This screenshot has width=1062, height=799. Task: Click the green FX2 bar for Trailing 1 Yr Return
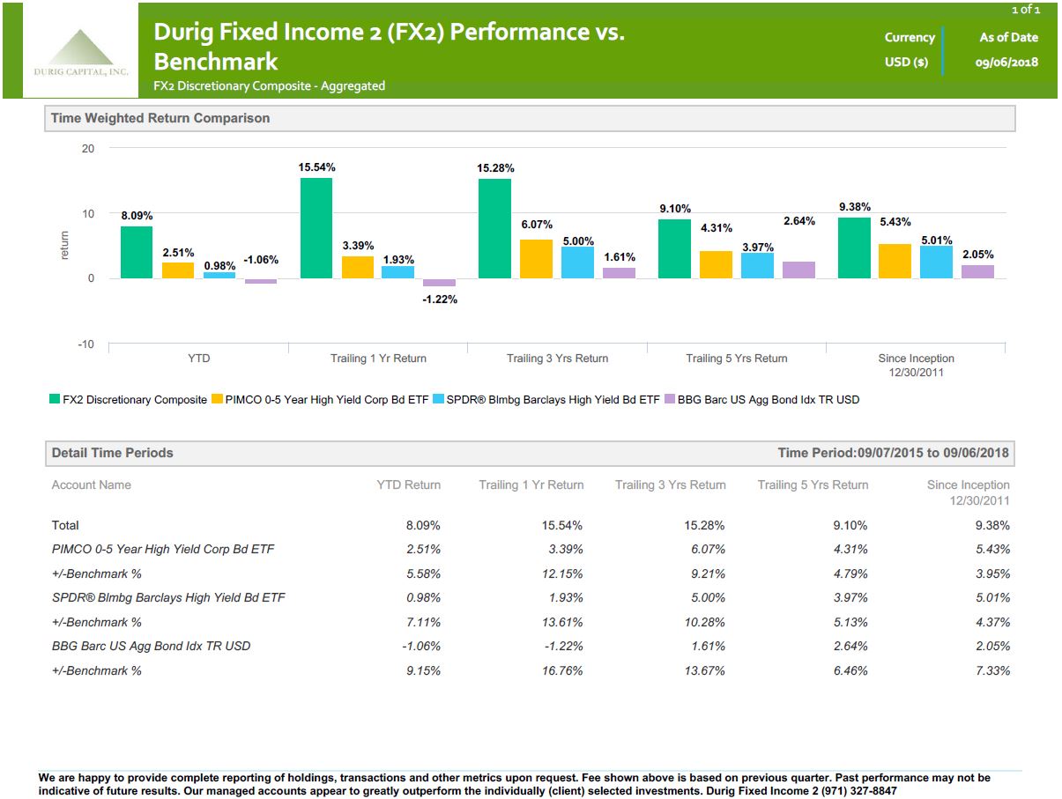click(x=316, y=228)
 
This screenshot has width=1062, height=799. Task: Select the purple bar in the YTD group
click(x=261, y=281)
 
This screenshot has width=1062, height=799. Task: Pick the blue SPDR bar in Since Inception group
click(x=936, y=262)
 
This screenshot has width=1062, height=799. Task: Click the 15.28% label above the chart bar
click(x=495, y=167)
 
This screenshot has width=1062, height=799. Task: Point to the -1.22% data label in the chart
click(x=440, y=300)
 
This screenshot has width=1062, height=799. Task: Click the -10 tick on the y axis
click(x=85, y=344)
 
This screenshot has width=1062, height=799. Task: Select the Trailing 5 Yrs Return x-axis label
click(x=737, y=359)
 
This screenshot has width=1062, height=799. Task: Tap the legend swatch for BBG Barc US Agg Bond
click(x=670, y=400)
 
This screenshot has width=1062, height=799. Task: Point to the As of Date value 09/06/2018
click(x=1007, y=62)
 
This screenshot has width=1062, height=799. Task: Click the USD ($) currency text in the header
click(x=906, y=62)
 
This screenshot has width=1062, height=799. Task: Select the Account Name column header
click(x=91, y=485)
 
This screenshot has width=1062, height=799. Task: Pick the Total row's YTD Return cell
click(x=422, y=525)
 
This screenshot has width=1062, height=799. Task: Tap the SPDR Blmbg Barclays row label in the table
click(x=168, y=597)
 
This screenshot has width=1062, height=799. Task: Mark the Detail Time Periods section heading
click(x=113, y=453)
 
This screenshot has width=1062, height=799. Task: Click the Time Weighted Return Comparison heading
click(x=160, y=118)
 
